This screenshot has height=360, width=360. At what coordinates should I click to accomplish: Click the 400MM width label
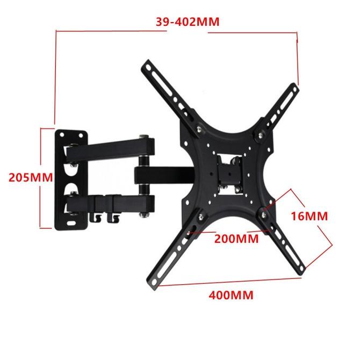click(232, 294)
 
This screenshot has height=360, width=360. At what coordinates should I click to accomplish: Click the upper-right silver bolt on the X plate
click(263, 130)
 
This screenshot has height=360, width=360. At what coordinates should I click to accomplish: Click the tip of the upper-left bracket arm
click(146, 66)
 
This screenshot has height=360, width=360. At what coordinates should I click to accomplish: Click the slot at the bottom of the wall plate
click(72, 220)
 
